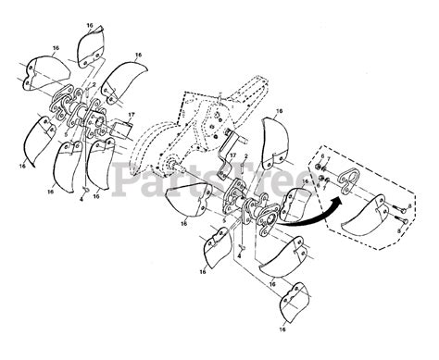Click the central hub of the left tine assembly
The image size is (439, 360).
(x=93, y=125)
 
